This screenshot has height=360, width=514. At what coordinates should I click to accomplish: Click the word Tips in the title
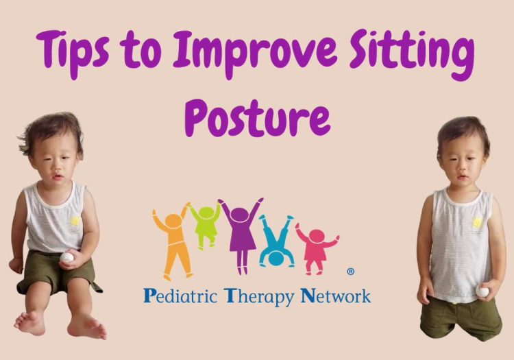73,53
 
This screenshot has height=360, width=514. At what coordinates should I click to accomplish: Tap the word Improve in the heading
255,53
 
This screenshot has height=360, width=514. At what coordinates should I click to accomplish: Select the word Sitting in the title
412,53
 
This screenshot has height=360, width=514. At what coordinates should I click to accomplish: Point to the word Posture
257,117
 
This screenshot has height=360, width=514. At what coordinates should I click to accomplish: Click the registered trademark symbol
350,272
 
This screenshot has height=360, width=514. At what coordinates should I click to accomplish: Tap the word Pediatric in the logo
180,296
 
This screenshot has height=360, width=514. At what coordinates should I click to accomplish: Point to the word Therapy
259,297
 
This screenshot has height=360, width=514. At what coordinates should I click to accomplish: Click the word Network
336,296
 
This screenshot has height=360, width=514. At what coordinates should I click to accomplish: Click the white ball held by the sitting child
66,257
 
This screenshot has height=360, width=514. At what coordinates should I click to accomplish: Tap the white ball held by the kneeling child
482,291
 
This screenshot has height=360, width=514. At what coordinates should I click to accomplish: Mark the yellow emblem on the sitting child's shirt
75,221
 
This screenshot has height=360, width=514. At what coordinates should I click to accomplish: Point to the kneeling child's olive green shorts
461,316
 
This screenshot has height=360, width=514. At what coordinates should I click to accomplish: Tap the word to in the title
140,53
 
